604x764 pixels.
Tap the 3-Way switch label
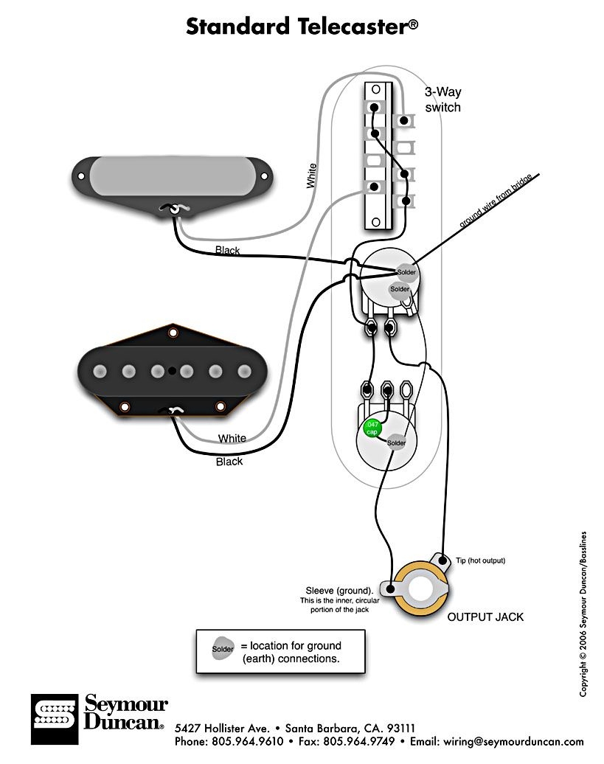pyautogui.click(x=442, y=100)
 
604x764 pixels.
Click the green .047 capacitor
pyautogui.click(x=372, y=428)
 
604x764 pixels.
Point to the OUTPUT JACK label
pyautogui.click(x=485, y=617)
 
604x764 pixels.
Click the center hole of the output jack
pyautogui.click(x=422, y=591)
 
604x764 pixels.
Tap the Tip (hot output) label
pyautogui.click(x=480, y=560)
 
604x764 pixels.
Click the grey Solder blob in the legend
pyautogui.click(x=223, y=650)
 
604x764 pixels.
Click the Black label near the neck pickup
pyautogui.click(x=227, y=251)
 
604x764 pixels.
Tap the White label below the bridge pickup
pyautogui.click(x=232, y=439)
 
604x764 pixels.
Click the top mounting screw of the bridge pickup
pyautogui.click(x=173, y=333)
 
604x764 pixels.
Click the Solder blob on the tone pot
pyautogui.click(x=396, y=442)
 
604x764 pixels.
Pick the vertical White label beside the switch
pyautogui.click(x=312, y=176)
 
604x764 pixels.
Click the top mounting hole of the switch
pyautogui.click(x=375, y=89)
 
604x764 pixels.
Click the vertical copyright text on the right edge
pyautogui.click(x=583, y=614)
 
